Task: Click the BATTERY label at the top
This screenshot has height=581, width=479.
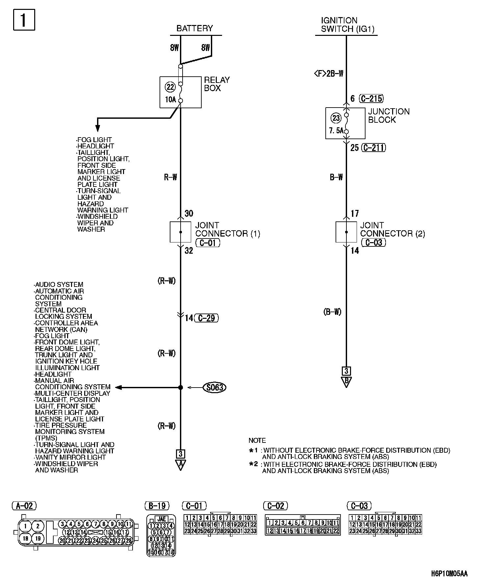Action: (x=194, y=28)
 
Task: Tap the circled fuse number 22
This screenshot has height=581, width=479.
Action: (x=170, y=87)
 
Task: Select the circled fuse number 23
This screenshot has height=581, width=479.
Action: (x=336, y=118)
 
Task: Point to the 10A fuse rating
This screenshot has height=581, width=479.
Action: (x=170, y=100)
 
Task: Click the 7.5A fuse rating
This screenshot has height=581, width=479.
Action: (x=336, y=131)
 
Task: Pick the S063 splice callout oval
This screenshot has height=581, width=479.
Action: (x=215, y=388)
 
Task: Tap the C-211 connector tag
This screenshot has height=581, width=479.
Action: (x=373, y=148)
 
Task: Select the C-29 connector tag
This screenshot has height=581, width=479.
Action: (x=207, y=318)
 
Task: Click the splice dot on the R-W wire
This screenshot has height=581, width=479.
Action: (x=180, y=388)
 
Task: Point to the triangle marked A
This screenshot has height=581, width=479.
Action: (x=180, y=465)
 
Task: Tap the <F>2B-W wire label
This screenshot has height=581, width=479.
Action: (x=329, y=73)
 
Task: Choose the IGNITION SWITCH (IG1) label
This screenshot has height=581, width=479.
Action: (x=348, y=25)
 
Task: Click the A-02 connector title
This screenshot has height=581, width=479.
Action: (x=24, y=506)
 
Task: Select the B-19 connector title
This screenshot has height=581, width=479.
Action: (x=157, y=506)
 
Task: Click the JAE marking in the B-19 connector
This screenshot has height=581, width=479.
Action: (x=161, y=519)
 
